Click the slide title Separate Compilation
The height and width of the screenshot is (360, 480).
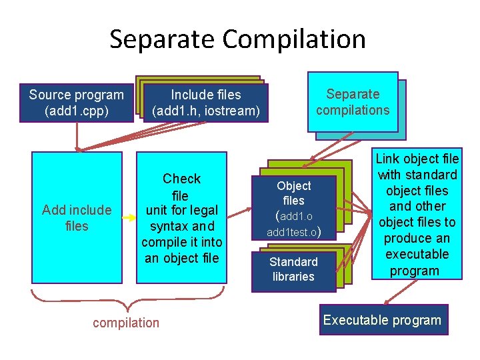237,39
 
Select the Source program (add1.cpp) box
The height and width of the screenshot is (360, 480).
76,103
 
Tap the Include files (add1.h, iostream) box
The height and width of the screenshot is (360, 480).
205,103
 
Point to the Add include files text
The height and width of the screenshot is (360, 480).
77,218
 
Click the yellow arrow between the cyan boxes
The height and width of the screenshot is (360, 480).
129,214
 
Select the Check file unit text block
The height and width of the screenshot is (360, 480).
181,218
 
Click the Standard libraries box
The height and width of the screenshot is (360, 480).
293,269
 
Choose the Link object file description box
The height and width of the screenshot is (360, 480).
417,214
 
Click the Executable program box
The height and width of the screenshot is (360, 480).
382,320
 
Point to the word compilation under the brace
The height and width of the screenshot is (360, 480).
126,323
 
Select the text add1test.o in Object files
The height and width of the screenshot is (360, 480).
293,233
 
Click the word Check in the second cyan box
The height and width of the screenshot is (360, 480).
181,179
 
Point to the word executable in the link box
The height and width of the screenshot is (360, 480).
417,254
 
